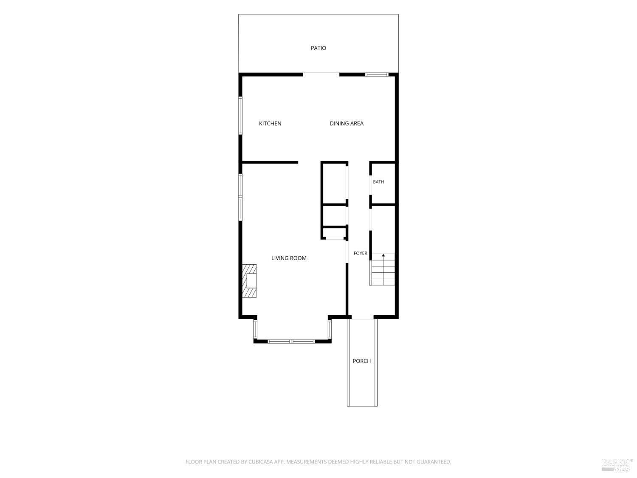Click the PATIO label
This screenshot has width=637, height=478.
(x=318, y=48)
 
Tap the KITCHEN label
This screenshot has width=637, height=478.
(x=270, y=124)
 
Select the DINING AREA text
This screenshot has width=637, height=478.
(x=347, y=124)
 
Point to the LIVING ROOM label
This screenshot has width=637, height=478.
(x=289, y=258)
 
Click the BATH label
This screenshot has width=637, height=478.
(x=378, y=182)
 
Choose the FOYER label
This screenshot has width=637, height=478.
(x=361, y=253)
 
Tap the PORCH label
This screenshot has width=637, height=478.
(x=361, y=361)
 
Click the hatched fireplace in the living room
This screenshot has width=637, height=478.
(x=249, y=281)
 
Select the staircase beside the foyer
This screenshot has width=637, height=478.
(x=382, y=269)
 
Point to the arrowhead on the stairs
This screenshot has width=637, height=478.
(x=383, y=255)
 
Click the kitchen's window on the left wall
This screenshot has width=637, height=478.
(x=240, y=116)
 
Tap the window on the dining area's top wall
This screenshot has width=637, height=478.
(x=376, y=75)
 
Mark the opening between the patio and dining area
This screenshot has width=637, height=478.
(x=321, y=74)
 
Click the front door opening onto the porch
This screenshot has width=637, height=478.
(x=362, y=317)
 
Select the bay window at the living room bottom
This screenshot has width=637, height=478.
(x=291, y=341)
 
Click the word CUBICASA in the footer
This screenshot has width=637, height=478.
(x=260, y=461)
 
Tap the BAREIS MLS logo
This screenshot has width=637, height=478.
(x=617, y=466)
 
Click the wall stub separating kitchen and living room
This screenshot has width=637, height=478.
(x=270, y=163)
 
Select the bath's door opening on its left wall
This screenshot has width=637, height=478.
(x=371, y=185)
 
